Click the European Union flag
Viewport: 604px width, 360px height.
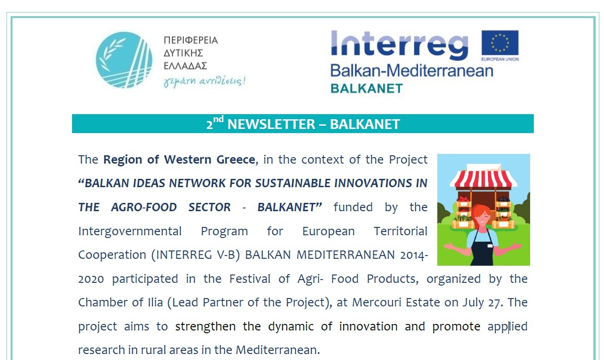pyautogui.click(x=500, y=43)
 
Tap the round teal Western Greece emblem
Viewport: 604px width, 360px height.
pyautogui.click(x=124, y=60)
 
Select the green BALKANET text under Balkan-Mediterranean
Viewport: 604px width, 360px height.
pyautogui.click(x=367, y=89)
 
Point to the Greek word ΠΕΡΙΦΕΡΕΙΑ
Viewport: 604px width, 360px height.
pyautogui.click(x=191, y=40)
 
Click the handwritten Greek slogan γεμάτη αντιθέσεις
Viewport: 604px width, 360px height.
pyautogui.click(x=205, y=81)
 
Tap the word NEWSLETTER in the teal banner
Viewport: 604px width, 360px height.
pyautogui.click(x=271, y=124)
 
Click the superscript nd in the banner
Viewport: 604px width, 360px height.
pyautogui.click(x=218, y=119)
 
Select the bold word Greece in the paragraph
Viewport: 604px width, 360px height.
pyautogui.click(x=236, y=159)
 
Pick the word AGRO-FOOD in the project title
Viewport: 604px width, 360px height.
pyautogui.click(x=144, y=207)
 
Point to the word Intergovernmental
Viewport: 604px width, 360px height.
pyautogui.click(x=130, y=232)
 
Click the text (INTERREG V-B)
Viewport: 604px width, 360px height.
pyautogui.click(x=195, y=255)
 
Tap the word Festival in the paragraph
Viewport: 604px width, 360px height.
pyautogui.click(x=250, y=279)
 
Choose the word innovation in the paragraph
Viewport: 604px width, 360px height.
pyautogui.click(x=368, y=327)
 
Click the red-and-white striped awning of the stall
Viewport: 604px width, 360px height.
pyautogui.click(x=483, y=179)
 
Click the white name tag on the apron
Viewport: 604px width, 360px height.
pyautogui.click(x=490, y=245)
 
